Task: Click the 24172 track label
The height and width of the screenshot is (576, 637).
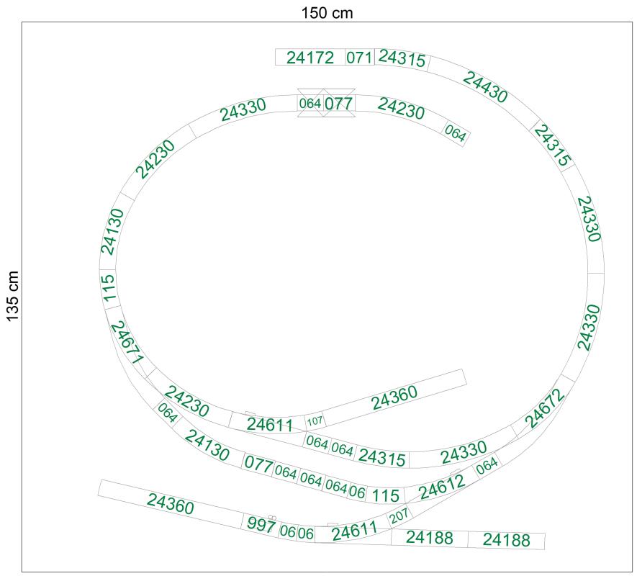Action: click(x=310, y=58)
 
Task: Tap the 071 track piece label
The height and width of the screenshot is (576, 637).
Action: click(x=359, y=58)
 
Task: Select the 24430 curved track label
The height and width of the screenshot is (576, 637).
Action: click(x=485, y=87)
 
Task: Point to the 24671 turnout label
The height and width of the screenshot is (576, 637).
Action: click(x=127, y=342)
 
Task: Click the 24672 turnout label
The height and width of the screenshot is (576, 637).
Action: click(x=545, y=408)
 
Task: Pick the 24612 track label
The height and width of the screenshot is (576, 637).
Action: click(x=442, y=487)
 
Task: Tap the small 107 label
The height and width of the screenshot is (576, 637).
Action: click(x=315, y=421)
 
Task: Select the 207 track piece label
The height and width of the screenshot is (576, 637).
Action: click(x=399, y=516)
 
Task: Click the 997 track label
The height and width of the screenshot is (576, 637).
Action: click(x=261, y=524)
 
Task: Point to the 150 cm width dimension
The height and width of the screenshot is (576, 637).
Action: click(x=327, y=13)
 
